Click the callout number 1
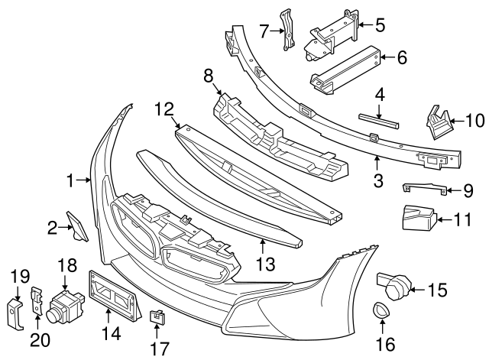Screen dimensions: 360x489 click(x=70, y=181)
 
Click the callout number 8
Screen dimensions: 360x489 click(x=208, y=76)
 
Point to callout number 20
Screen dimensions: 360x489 click(x=36, y=337)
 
